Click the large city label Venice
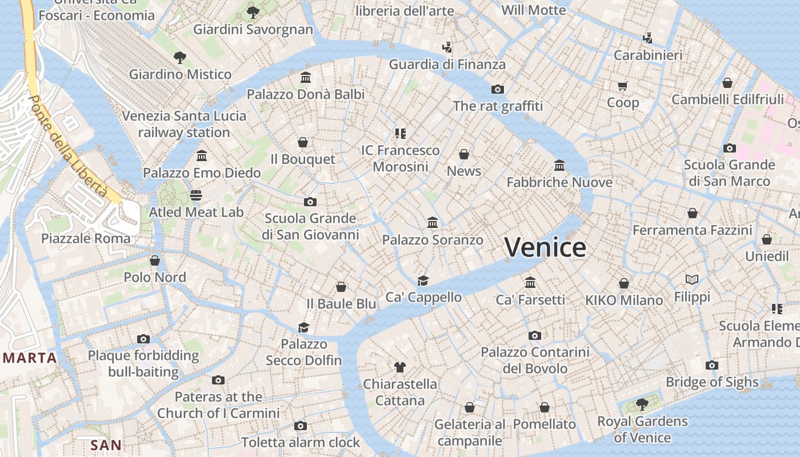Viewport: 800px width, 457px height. point(545,247)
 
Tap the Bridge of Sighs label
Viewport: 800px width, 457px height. point(712,382)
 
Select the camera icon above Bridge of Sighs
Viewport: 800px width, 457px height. point(711,365)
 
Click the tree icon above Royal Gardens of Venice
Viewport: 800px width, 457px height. point(642,404)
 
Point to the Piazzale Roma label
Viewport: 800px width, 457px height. point(86,238)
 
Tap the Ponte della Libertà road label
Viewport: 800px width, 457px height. point(67,147)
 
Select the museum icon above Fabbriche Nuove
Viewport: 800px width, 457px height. point(559,166)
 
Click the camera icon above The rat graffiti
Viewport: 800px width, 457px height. point(498,89)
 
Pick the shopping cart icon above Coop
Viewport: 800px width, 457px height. point(622,86)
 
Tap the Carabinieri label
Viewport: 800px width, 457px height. point(648,55)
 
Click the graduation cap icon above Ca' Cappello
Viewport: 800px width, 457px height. point(423,280)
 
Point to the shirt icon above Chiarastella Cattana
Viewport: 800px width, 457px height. point(400,367)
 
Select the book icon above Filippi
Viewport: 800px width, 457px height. point(692,280)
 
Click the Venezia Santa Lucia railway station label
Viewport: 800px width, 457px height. point(184,124)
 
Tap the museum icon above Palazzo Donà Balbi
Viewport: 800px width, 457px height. point(306,77)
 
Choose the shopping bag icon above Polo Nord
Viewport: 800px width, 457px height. point(155,261)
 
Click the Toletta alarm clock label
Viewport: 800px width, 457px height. point(301,442)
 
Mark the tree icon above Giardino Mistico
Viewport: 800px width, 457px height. point(180,57)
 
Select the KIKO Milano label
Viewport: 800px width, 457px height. point(624,300)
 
